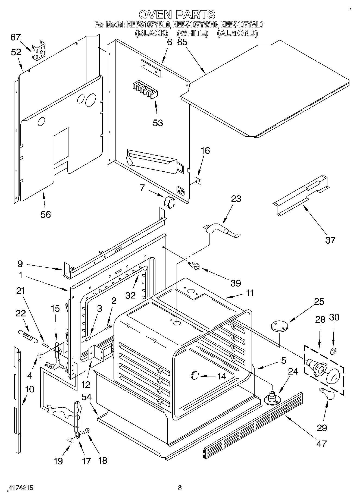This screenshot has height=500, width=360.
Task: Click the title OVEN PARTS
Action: tap(177, 14)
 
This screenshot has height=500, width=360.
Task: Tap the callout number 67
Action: tap(15, 37)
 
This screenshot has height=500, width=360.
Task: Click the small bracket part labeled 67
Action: tap(38, 51)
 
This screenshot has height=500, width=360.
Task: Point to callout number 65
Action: tap(182, 42)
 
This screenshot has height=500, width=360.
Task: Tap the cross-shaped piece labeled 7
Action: tap(170, 202)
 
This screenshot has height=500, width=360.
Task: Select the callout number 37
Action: tap(330, 240)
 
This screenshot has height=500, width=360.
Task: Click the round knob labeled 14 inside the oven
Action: tap(195, 376)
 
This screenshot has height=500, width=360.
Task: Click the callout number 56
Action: tap(46, 215)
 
